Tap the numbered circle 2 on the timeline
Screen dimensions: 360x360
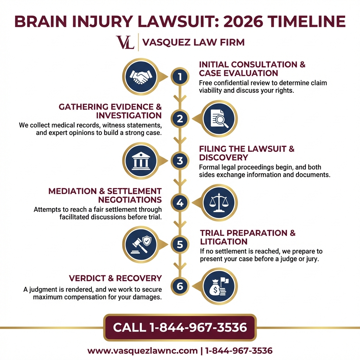[180, 119]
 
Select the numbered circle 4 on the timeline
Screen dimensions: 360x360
[180, 203]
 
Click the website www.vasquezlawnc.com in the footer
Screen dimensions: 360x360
[142, 351]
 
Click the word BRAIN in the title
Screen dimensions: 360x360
[41, 21]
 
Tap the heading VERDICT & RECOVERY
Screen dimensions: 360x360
[115, 278]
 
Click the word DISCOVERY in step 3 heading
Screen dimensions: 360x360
[224, 157]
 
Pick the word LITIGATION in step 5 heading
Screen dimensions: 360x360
[224, 242]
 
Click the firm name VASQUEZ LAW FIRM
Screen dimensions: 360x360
[193, 43]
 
